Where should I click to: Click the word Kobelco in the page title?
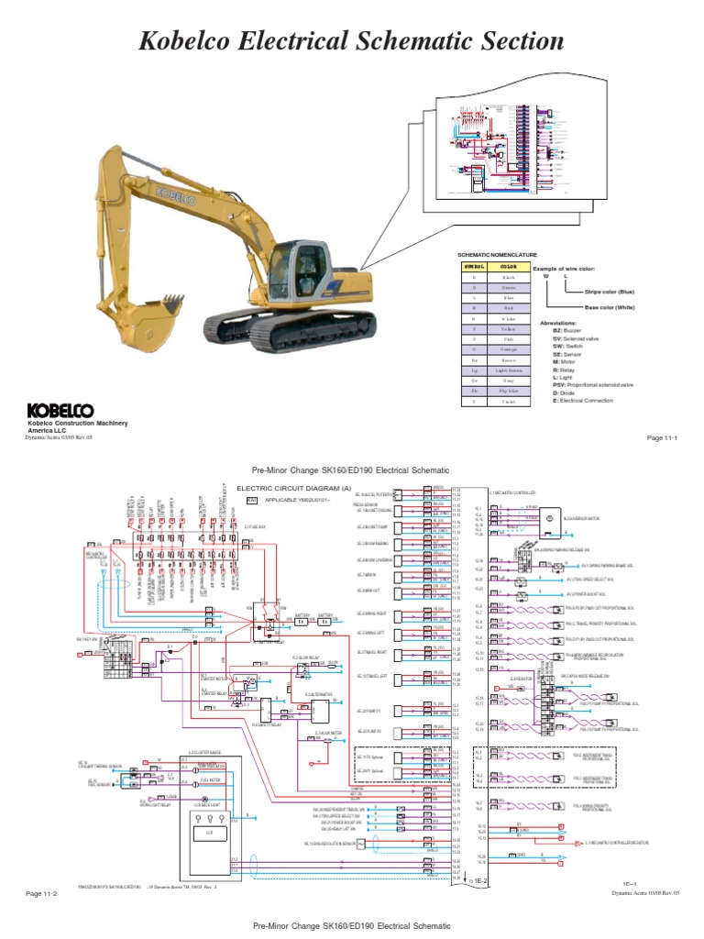[193, 40]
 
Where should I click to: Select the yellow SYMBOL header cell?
[474, 264]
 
